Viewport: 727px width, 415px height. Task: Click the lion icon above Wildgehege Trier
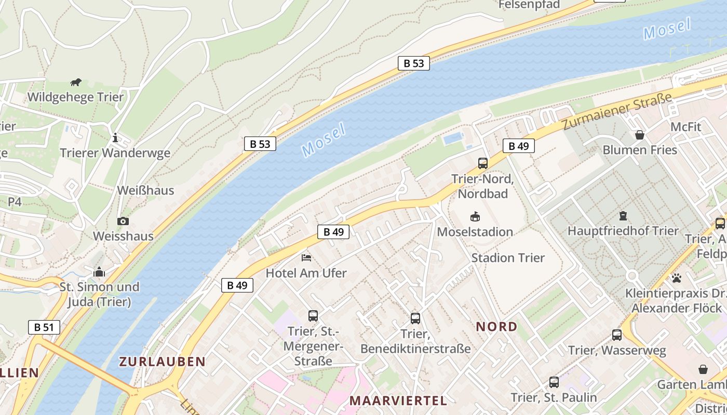coord(76,82)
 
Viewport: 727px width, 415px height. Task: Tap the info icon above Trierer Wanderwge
coord(115,138)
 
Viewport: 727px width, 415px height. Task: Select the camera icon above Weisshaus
coord(123,221)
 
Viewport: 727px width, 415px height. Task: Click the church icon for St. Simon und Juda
coord(99,272)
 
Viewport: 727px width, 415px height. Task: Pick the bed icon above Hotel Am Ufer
coord(306,257)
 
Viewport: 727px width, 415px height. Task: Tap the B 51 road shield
coord(44,327)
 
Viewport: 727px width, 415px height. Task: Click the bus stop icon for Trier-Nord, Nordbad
coord(482,163)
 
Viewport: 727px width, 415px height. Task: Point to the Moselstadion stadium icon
coord(475,216)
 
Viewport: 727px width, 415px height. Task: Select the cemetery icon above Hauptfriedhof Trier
coord(623,216)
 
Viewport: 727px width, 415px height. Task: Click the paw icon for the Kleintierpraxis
coord(676,278)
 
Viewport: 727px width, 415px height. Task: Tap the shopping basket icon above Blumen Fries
coord(639,135)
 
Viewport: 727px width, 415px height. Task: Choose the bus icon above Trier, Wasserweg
coord(617,335)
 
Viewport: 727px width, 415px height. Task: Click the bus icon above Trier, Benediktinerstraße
coord(415,319)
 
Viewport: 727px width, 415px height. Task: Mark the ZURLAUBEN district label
coord(163,362)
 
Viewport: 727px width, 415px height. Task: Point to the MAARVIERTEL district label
coord(398,400)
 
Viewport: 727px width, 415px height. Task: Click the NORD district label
coord(496,326)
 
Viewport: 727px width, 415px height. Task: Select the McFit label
coord(685,127)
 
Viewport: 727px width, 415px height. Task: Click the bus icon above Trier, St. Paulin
coord(554,382)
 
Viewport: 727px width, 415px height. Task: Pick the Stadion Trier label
coord(508,258)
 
